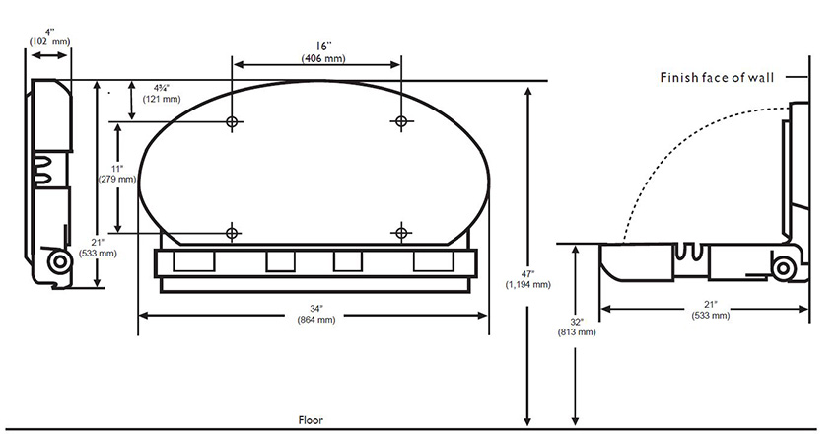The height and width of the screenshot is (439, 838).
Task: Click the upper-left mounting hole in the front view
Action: point(232,122)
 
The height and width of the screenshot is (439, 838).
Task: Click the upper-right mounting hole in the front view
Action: point(401,121)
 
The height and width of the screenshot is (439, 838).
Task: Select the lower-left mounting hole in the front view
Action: point(232,233)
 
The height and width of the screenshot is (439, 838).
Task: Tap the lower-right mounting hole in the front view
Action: point(401,233)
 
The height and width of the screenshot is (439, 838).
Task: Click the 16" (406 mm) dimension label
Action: point(323,52)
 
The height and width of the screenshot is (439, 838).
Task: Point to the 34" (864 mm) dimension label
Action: point(316,314)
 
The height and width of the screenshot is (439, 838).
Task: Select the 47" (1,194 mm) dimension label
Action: point(528,279)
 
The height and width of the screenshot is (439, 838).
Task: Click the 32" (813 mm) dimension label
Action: point(577,327)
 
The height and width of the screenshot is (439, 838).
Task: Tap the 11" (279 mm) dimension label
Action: point(117,174)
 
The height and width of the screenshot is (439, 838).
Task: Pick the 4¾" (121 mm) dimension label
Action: point(162,93)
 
